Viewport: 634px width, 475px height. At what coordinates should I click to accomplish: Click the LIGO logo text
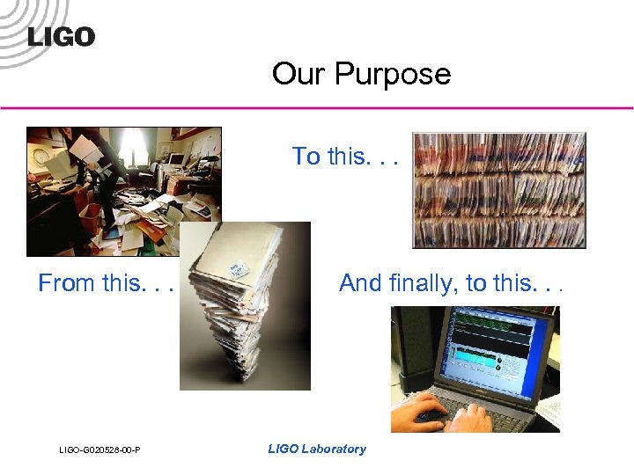[x=61, y=37]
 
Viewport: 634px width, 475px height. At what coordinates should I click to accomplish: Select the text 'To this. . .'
[x=344, y=157]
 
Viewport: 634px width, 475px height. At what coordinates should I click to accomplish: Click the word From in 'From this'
[x=67, y=283]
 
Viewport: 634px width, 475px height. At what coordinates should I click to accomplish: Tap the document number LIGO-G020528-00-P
[x=100, y=450]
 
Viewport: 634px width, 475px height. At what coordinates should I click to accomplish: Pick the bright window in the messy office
[x=132, y=144]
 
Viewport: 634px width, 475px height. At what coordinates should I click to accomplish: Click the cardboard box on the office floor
[x=89, y=215]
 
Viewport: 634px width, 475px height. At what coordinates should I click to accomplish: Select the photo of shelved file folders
[x=498, y=190]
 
